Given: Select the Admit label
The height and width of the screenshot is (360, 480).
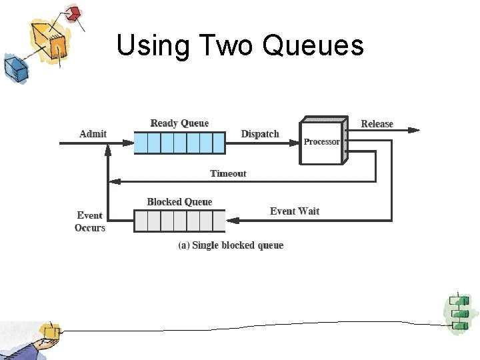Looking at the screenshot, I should coord(93,134).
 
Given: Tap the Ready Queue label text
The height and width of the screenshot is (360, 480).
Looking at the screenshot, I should coord(179,123).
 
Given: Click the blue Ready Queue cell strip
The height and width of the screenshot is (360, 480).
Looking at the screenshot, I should coord(179,143).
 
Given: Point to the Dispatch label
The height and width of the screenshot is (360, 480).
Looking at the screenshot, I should coord(260,134).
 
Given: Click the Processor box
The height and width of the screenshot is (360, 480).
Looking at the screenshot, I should coord(321,141).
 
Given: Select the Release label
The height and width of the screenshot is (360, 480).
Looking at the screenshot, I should coord(377,124).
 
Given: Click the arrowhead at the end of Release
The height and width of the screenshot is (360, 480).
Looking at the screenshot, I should coord(415,131).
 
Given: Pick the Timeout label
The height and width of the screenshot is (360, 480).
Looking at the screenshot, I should coord(228,173).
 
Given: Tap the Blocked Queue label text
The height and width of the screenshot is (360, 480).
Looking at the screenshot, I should coord(179,202).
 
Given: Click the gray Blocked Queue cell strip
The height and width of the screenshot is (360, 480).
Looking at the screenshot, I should coord(179,221).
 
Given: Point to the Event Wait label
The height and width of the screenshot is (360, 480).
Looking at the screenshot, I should coord(294,211).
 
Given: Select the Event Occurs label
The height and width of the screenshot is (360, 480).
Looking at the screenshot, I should coord(89,221).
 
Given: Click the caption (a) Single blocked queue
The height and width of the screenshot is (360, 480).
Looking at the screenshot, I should coord(231,245).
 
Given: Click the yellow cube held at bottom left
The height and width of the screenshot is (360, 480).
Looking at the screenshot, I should coord(49,331).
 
